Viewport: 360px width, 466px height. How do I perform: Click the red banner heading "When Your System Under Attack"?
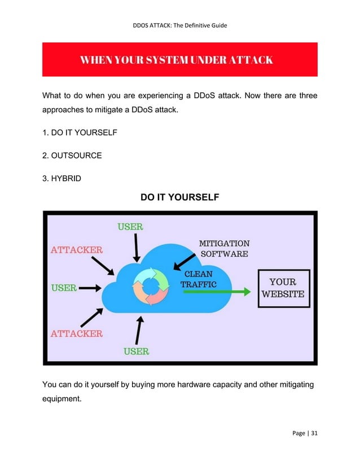pos(179,59)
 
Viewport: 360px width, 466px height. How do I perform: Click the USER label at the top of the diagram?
pos(130,227)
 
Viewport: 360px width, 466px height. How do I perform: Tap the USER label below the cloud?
pos(136,351)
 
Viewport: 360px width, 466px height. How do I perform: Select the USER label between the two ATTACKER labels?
pos(64,287)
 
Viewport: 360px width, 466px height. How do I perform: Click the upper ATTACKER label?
pos(77,249)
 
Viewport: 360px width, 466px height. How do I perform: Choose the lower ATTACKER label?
pos(77,333)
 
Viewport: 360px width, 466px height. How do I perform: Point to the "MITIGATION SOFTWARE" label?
pos(224,248)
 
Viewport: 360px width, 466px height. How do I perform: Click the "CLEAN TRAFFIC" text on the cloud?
pos(198,279)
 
